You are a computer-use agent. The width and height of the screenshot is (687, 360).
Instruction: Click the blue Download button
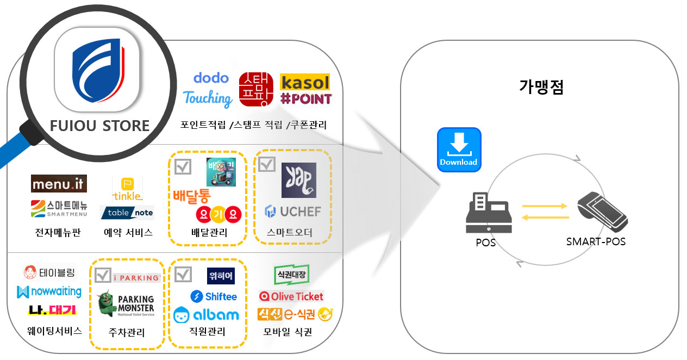459,150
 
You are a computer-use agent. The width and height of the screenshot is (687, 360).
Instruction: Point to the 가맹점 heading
541,86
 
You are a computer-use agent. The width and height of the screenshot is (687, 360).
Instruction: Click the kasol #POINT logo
305,90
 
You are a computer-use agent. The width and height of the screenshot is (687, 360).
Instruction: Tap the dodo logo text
211,78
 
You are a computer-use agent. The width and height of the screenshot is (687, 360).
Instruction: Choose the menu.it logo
59,184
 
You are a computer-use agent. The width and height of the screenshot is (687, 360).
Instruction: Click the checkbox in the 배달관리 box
183,166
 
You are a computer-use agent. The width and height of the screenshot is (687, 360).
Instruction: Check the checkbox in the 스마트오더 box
266,164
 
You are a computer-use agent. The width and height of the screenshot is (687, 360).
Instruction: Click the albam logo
207,315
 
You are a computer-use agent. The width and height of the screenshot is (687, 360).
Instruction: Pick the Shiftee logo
214,296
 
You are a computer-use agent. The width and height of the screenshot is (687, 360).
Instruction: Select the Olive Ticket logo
291,296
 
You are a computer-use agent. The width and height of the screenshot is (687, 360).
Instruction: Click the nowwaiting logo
49,292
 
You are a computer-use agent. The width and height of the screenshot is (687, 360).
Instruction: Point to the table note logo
127,213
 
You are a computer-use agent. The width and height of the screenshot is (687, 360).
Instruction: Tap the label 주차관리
127,332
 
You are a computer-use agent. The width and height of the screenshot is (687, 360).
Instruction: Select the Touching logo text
208,98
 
